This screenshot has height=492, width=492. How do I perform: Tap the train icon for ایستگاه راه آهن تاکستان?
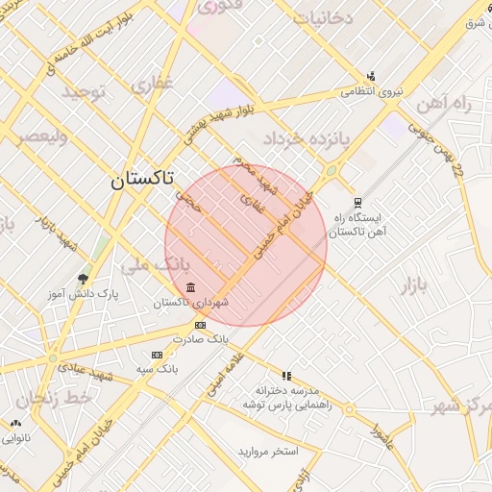tap(357, 203)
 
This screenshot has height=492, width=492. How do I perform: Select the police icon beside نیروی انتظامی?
tap(371, 77)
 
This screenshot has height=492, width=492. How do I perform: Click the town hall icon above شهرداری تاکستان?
tap(191, 288)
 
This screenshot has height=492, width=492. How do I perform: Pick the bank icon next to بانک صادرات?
tap(200, 326)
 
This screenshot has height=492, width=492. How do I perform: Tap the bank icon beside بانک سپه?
tap(157, 355)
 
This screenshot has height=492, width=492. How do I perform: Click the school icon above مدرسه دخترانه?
tap(285, 376)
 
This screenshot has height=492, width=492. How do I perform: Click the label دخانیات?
tap(324, 16)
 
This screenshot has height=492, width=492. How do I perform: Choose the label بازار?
tap(411, 284)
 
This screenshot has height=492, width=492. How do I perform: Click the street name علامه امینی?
tap(224, 373)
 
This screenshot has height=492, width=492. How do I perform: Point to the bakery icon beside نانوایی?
tap(15, 423)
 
